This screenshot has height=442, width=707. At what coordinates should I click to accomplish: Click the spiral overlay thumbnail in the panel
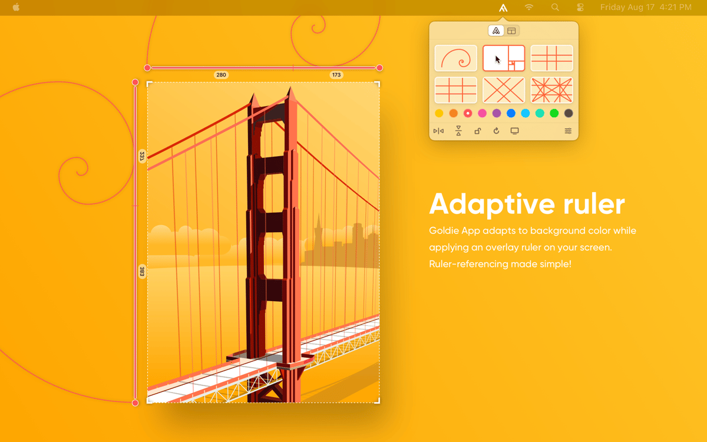click(455, 58)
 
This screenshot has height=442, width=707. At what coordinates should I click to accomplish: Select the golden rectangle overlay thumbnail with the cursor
click(504, 58)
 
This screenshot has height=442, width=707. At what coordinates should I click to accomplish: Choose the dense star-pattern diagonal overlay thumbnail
click(551, 90)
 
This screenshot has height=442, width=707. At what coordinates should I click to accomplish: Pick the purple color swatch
click(497, 113)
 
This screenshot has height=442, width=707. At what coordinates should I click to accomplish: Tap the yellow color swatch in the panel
click(439, 113)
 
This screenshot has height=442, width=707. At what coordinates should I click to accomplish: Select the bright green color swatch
click(554, 113)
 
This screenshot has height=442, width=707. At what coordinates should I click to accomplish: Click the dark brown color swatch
click(569, 113)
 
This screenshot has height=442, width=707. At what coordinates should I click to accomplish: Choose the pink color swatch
click(482, 113)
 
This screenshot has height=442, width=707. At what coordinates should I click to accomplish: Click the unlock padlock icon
click(477, 131)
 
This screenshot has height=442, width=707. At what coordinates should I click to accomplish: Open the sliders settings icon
click(568, 131)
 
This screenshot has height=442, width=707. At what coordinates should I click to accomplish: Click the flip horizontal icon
click(438, 131)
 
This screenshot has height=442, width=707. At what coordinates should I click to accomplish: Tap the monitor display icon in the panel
click(514, 131)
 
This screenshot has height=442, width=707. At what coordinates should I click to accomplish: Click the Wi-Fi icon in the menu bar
click(529, 8)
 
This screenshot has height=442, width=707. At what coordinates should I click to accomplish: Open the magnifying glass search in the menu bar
click(555, 8)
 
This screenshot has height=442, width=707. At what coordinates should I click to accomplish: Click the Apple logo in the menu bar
click(16, 7)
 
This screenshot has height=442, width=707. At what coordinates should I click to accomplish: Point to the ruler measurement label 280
click(221, 75)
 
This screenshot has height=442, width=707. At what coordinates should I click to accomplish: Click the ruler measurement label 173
click(336, 75)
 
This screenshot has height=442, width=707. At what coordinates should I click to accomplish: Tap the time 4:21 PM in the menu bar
click(676, 8)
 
